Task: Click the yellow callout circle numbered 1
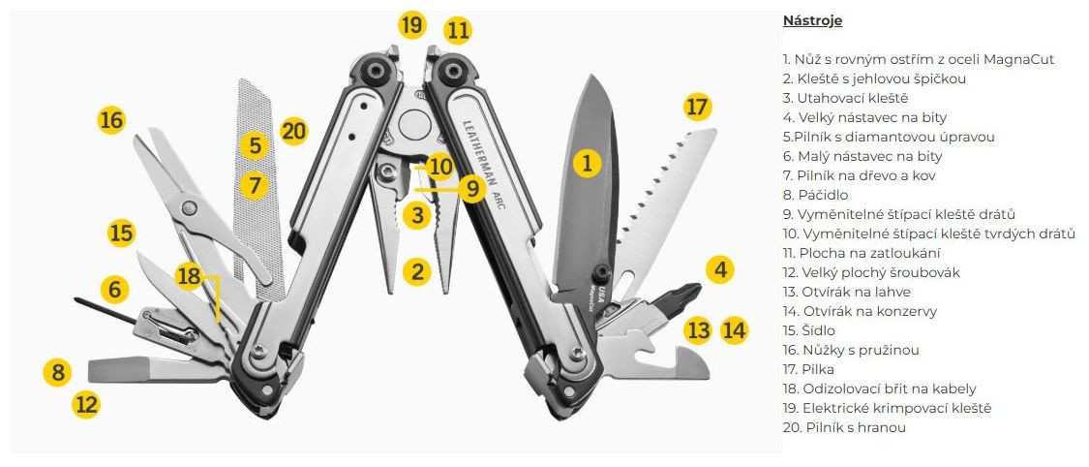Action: tap(586, 162)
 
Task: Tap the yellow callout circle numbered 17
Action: tap(697, 108)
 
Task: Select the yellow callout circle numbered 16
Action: tap(112, 121)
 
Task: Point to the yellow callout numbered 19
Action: tap(413, 24)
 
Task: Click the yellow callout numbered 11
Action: tap(458, 30)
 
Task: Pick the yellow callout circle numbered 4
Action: tap(718, 269)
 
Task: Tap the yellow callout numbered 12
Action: tap(86, 403)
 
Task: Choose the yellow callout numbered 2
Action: tap(417, 271)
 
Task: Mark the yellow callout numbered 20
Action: tap(293, 131)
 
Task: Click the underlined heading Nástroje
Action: tap(812, 20)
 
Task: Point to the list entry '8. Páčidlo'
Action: tap(815, 195)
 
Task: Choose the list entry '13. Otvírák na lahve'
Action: tap(846, 292)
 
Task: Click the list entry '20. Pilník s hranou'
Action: tap(844, 427)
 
